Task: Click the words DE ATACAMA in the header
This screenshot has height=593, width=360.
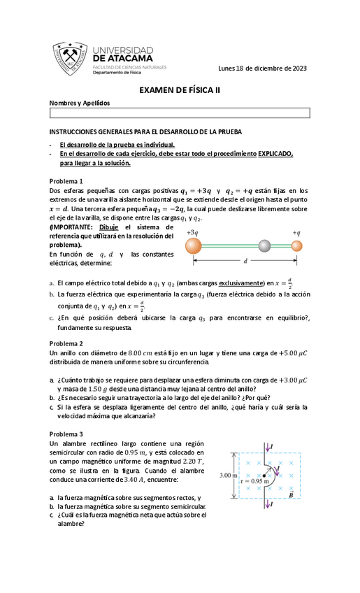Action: (x=122, y=59)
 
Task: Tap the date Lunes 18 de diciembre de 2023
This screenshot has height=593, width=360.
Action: (x=262, y=68)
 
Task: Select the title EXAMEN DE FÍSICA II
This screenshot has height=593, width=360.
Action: (x=179, y=90)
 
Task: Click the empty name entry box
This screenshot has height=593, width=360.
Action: (x=179, y=113)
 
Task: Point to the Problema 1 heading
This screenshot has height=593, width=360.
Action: (x=66, y=180)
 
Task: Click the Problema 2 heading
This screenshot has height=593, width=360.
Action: (x=66, y=343)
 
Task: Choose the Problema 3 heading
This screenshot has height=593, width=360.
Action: (x=66, y=434)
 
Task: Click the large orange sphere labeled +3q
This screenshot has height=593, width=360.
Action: (x=194, y=245)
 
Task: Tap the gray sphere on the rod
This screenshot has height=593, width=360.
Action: (x=264, y=245)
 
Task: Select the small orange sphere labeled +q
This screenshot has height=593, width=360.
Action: (x=297, y=245)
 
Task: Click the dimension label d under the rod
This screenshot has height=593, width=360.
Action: (x=245, y=261)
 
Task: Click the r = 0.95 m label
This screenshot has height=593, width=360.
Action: (x=253, y=482)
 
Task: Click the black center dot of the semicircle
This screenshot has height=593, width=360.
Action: (x=264, y=476)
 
